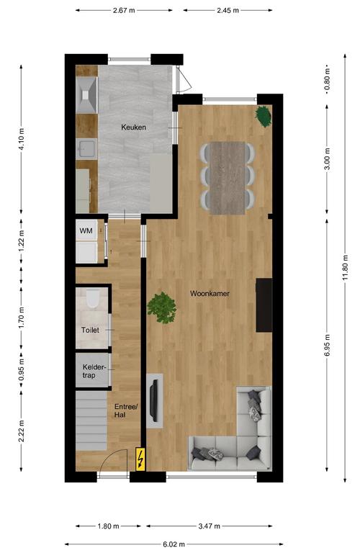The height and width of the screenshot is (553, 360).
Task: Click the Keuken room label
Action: pos(133,127)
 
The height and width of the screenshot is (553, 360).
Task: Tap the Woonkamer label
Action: pos(210,294)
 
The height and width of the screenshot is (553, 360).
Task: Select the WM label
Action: pos(86,230)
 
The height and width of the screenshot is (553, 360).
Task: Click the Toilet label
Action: pos(90,330)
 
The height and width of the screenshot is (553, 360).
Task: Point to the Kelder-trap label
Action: pos(94,371)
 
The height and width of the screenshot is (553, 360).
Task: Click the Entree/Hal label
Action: pos(126,410)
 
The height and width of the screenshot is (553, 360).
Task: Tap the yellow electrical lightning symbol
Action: pos(140,459)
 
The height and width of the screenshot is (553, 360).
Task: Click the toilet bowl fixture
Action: pos(93,299)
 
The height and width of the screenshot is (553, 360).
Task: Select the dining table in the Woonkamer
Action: pos(228,178)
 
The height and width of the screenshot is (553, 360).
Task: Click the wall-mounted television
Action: pos(154,400)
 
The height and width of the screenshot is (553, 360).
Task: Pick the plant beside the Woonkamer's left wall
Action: pos(161,307)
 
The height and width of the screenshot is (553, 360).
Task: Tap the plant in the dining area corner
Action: pos(264,116)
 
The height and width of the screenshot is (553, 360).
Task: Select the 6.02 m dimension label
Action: pos(174,544)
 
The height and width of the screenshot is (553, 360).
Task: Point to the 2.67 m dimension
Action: pos(124,10)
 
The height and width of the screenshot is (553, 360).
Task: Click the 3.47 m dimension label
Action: pos(209,526)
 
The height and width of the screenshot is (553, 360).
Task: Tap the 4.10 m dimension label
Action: pos(21,139)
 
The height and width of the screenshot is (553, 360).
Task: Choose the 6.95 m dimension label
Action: pos(327,345)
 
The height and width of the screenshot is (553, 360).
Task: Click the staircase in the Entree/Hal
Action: pos(91,420)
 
